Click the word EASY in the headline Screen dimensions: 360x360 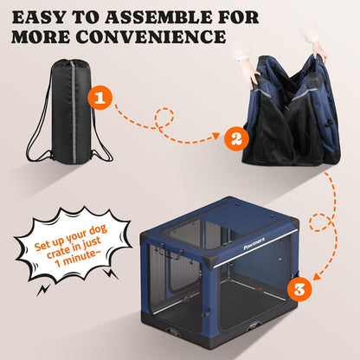pos(51,16)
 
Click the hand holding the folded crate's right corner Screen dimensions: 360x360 pos(321,51)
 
